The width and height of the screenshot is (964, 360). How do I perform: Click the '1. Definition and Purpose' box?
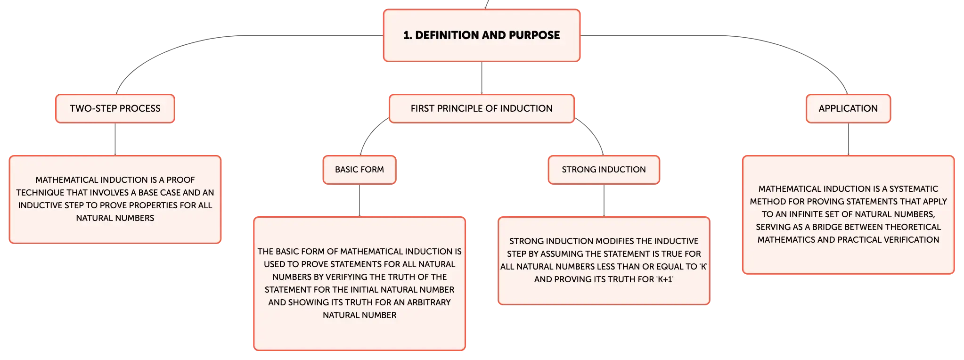[482, 35]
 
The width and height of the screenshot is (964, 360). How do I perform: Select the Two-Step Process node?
[115, 108]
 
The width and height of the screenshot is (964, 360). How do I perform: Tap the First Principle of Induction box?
[482, 108]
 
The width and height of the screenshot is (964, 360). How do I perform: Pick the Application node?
[848, 108]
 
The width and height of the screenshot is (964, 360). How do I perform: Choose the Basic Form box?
[359, 170]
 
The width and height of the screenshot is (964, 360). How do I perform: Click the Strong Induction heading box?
[604, 170]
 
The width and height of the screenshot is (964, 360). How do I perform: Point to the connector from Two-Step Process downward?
[115, 139]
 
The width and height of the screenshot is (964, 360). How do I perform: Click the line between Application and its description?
[848, 139]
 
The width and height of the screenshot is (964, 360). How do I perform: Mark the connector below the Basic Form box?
[359, 200]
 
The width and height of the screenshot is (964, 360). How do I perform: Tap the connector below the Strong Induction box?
[604, 200]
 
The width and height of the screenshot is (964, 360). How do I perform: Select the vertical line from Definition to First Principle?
[482, 78]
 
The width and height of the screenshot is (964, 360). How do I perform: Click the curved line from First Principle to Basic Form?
[369, 133]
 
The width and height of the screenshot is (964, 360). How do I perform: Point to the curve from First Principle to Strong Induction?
[594, 133]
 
